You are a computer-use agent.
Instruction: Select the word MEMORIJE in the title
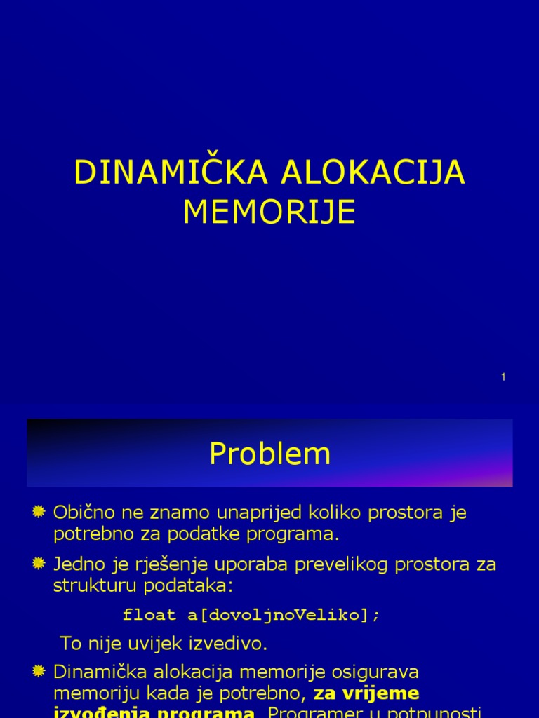click(269, 212)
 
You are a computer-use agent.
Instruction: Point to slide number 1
click(503, 377)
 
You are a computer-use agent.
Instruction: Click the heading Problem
click(269, 454)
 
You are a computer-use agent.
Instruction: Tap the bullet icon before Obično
click(39, 512)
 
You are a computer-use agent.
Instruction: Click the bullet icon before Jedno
click(39, 563)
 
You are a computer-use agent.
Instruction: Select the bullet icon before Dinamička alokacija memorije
click(39, 672)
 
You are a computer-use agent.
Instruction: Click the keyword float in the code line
click(149, 615)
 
